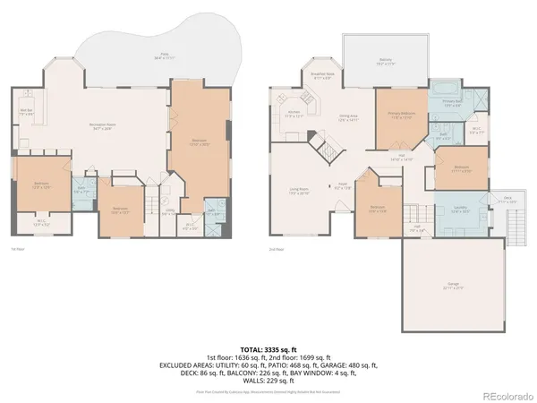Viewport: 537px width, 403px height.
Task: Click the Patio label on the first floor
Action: click(x=164, y=56)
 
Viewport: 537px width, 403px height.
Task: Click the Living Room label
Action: click(x=297, y=191)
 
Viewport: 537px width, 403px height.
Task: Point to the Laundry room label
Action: click(x=461, y=210)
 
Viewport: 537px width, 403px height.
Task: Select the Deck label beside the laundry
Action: click(x=507, y=199)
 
